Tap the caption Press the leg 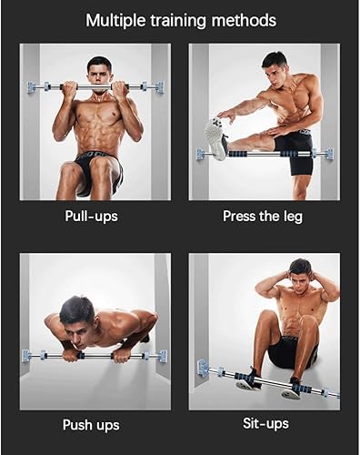coord(263,217)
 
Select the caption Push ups coord(90,425)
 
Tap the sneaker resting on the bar coord(215,137)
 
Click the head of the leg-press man coord(275,66)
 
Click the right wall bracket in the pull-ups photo coord(158,87)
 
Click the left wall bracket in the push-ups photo coord(29,354)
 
